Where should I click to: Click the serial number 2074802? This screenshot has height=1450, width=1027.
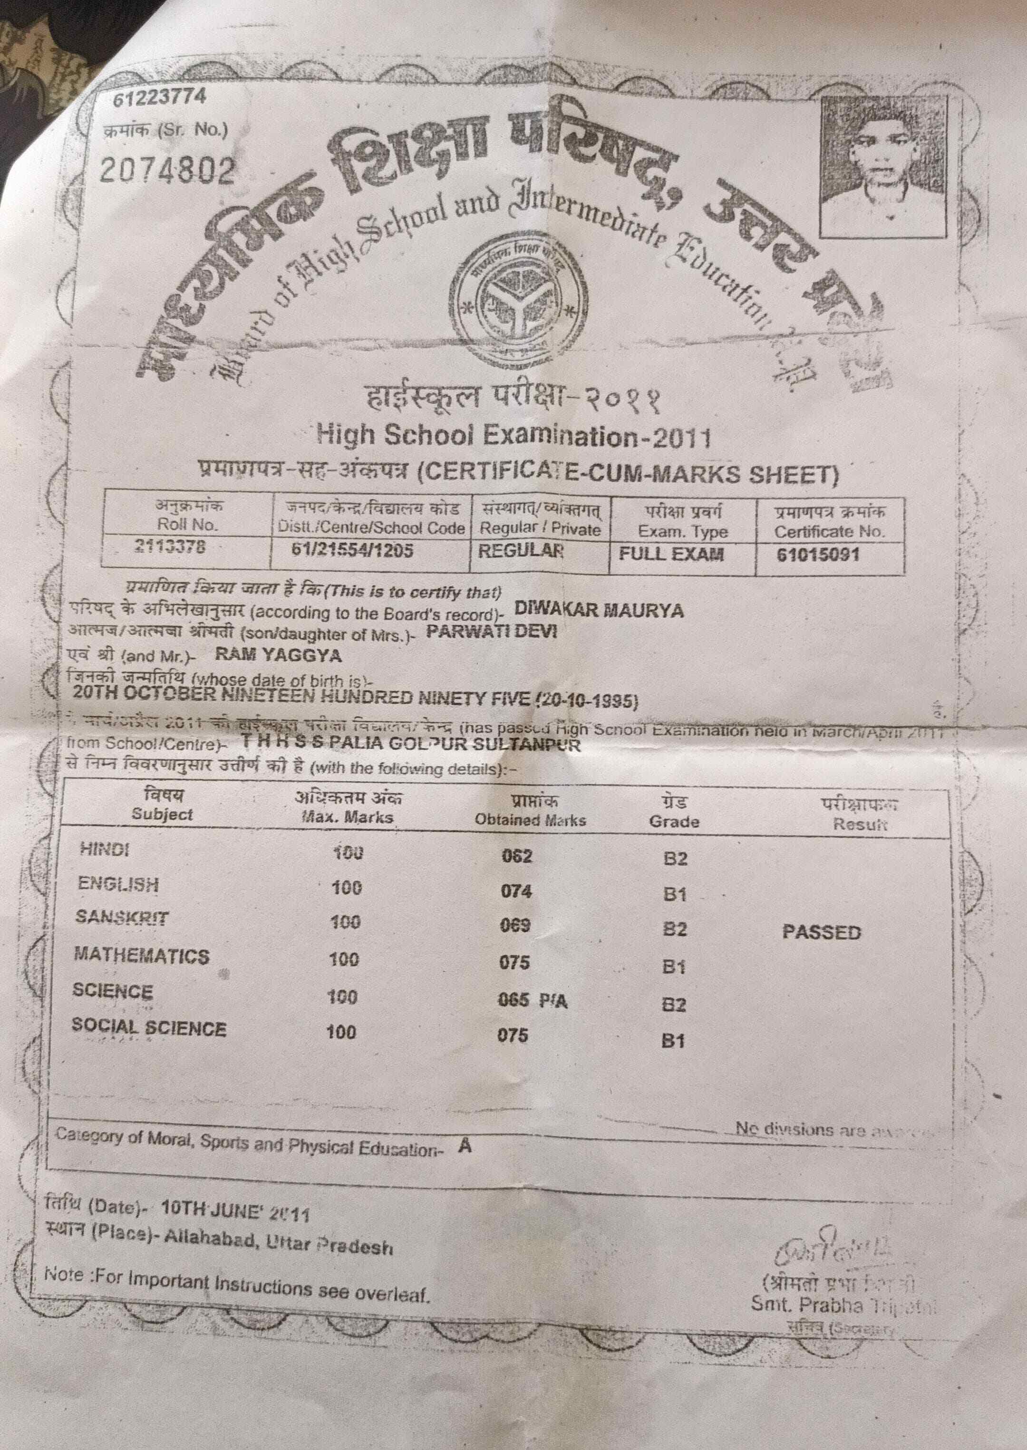click(167, 169)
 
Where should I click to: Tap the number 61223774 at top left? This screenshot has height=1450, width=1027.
click(159, 97)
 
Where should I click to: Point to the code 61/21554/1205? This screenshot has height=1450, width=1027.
click(352, 549)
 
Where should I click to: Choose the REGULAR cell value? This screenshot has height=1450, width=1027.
click(521, 550)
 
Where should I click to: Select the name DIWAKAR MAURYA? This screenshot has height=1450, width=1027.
click(599, 609)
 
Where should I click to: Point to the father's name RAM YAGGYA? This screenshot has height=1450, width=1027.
click(278, 654)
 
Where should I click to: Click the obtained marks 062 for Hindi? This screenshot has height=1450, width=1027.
click(517, 856)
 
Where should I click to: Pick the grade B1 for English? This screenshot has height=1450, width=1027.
click(675, 894)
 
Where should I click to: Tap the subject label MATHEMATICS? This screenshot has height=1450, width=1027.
click(142, 955)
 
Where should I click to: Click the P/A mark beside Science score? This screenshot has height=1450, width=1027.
click(553, 1000)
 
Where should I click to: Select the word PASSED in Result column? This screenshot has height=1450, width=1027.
click(822, 932)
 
